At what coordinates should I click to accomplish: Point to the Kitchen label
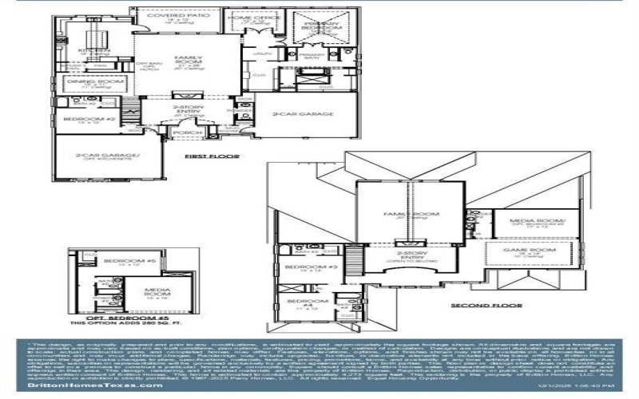pyautogui.click(x=89, y=49)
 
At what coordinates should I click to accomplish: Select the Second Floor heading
pyautogui.click(x=477, y=306)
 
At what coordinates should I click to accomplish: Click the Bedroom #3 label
pyautogui.click(x=305, y=266)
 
